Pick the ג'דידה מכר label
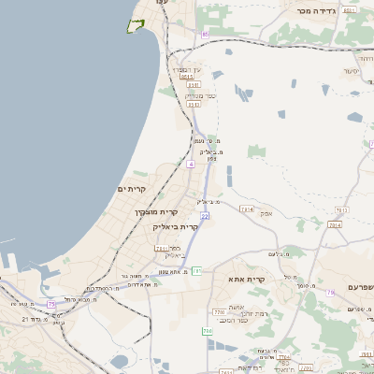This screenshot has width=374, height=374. click(316, 10)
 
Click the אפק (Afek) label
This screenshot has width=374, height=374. click(266, 213)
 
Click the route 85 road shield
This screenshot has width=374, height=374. click(204, 35)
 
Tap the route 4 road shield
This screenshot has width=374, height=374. click(191, 164)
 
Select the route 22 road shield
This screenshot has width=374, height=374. click(204, 216)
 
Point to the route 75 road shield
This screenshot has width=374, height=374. click(51, 305)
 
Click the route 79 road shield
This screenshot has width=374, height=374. click(330, 292)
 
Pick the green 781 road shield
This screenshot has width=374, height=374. click(196, 271)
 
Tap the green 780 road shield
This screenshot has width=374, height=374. click(208, 331)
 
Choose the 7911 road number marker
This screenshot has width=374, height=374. click(161, 249)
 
